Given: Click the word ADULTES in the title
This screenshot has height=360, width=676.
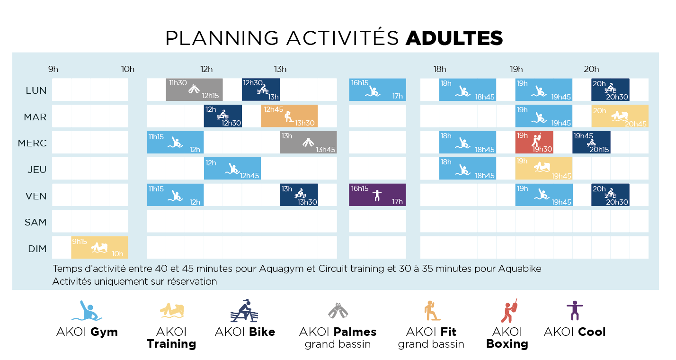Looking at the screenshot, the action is pyautogui.click(x=454, y=38).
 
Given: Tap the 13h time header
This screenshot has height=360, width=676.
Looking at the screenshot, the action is pyautogui.click(x=280, y=69).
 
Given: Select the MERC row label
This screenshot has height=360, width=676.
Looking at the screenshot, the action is pyautogui.click(x=32, y=143).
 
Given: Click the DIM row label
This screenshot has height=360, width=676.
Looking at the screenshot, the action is pyautogui.click(x=37, y=249).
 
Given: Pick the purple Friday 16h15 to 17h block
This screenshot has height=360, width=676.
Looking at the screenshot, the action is pyautogui.click(x=377, y=195).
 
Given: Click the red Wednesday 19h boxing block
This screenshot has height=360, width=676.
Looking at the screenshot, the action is pyautogui.click(x=534, y=142).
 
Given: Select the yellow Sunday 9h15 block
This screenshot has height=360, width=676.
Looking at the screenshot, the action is pyautogui.click(x=99, y=247).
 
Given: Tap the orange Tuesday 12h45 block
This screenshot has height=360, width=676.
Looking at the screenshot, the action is pyautogui.click(x=289, y=116).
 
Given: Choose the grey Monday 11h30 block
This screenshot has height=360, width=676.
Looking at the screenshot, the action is pyautogui.click(x=195, y=90).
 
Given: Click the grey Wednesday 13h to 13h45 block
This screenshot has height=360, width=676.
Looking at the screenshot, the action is pyautogui.click(x=308, y=142).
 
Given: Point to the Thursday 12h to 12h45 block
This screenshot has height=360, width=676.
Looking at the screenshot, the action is pyautogui.click(x=232, y=169).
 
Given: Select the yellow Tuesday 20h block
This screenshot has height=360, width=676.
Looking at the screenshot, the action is pyautogui.click(x=620, y=116).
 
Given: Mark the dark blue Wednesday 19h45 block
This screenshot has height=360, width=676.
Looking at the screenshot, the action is pyautogui.click(x=592, y=142).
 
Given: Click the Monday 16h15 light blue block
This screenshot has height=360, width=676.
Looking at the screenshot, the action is pyautogui.click(x=378, y=90).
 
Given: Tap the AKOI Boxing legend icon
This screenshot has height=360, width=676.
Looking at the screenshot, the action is pyautogui.click(x=509, y=311).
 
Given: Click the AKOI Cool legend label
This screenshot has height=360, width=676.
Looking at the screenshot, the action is pyautogui.click(x=575, y=332).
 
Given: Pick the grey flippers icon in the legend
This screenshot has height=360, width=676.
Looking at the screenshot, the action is pyautogui.click(x=338, y=310).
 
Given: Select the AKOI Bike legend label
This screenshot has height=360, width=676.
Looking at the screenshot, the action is pyautogui.click(x=245, y=332).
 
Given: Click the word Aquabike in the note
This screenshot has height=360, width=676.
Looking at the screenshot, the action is pyautogui.click(x=520, y=269).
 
